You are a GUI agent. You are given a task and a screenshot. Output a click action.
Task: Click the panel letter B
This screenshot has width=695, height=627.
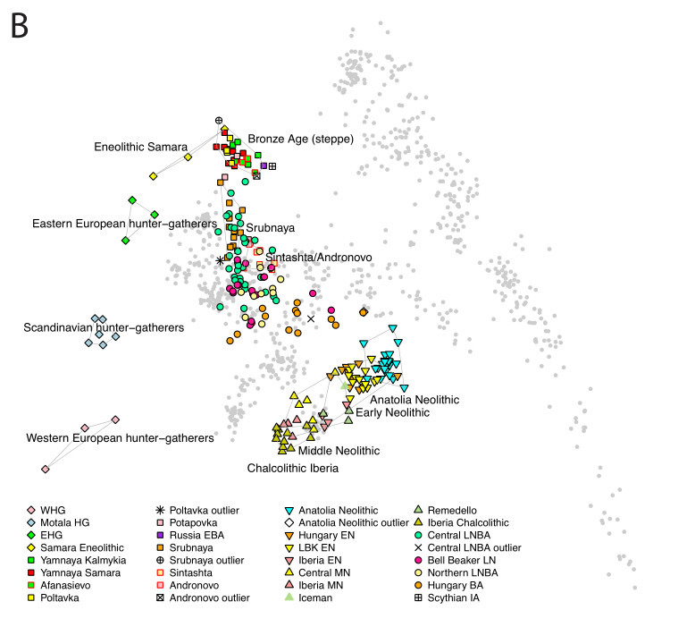(x=22, y=28)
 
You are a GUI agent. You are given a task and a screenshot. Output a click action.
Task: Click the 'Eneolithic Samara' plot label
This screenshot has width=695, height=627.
(x=140, y=147)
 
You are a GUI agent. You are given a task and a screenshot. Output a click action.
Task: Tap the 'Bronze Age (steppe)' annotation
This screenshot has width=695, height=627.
(x=301, y=139)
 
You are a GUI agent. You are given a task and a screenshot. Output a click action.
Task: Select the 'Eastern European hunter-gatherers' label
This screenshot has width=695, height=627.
(x=125, y=223)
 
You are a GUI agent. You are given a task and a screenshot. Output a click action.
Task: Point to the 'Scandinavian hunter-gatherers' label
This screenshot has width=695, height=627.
(x=104, y=328)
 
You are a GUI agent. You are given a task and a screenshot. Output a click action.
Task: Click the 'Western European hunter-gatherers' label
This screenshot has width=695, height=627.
(x=120, y=438)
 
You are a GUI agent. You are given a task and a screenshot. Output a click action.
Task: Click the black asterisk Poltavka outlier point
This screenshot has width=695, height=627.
(x=221, y=260)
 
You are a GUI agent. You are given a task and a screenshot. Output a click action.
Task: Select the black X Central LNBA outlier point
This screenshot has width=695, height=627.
(x=311, y=318)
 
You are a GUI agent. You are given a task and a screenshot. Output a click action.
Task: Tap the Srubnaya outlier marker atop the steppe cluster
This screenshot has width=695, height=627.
(x=219, y=120)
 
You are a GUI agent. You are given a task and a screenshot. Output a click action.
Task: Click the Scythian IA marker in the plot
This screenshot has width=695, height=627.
(x=272, y=166)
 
